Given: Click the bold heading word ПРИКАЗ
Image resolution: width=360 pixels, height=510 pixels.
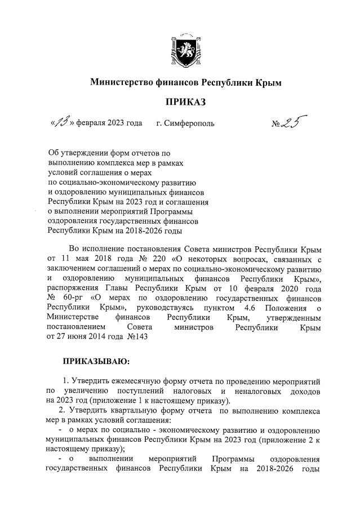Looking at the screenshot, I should (x=185, y=102).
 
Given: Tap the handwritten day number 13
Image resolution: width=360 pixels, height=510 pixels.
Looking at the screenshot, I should (x=60, y=122).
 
